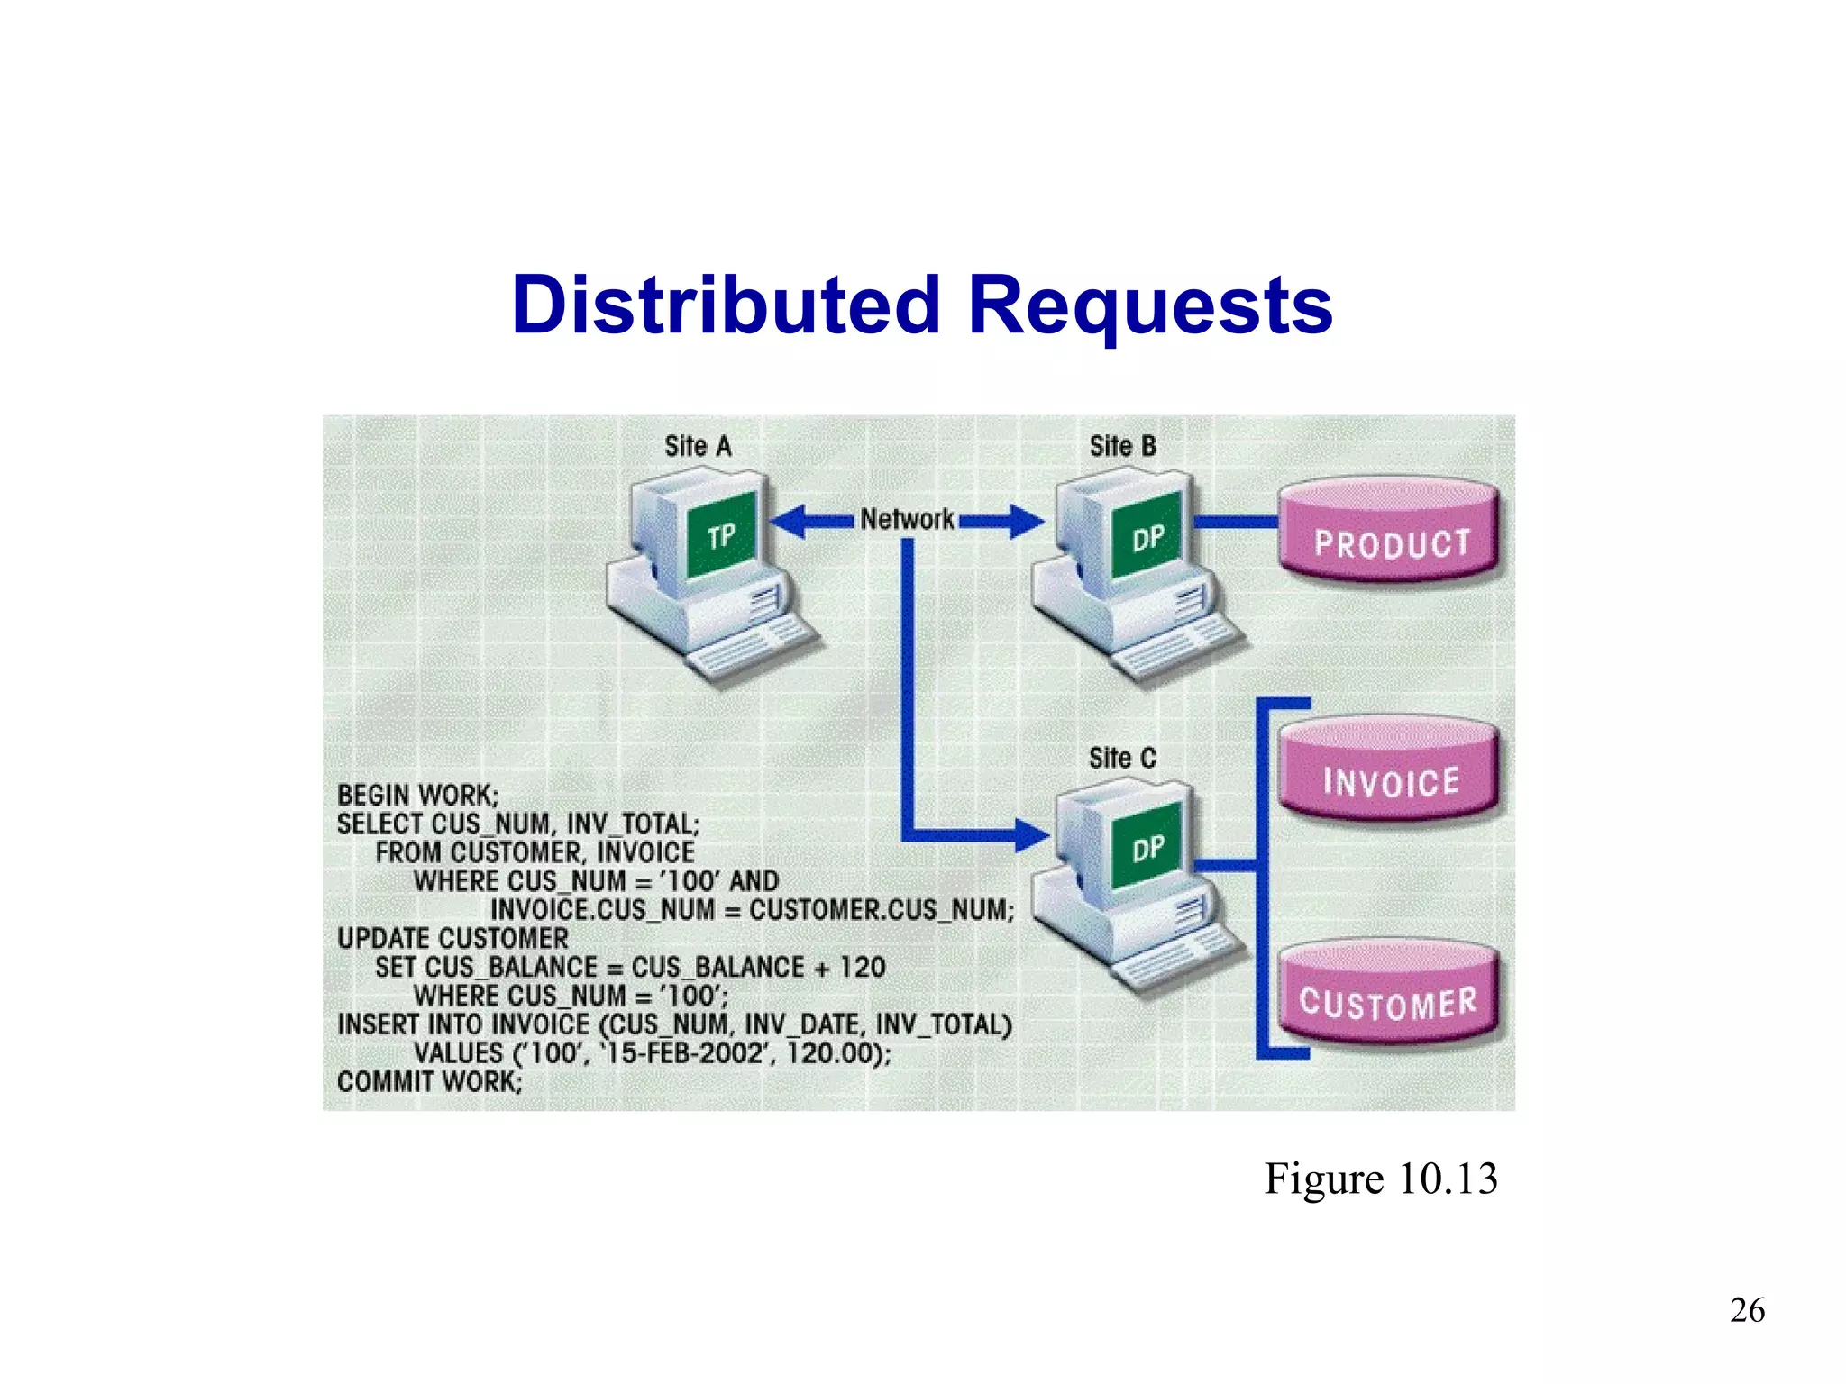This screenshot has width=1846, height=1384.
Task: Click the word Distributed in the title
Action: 726,305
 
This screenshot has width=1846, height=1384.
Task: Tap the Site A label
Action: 698,446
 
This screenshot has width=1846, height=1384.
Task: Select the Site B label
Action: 1122,446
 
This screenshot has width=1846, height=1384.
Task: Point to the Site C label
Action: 1122,758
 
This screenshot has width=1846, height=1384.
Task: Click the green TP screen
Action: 721,536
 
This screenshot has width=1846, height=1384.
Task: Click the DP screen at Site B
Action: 1147,538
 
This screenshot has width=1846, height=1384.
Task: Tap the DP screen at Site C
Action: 1147,849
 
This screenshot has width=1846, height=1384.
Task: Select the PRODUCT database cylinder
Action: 1390,532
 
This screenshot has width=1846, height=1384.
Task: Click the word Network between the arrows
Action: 907,519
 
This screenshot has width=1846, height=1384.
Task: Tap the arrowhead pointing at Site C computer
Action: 1031,834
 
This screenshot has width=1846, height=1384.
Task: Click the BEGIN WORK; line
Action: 417,796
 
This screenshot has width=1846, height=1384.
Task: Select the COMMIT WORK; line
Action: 429,1081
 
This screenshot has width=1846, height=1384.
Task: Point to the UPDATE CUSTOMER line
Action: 452,939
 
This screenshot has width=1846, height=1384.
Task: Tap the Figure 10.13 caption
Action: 1380,1179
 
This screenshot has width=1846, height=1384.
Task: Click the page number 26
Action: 1747,1310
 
